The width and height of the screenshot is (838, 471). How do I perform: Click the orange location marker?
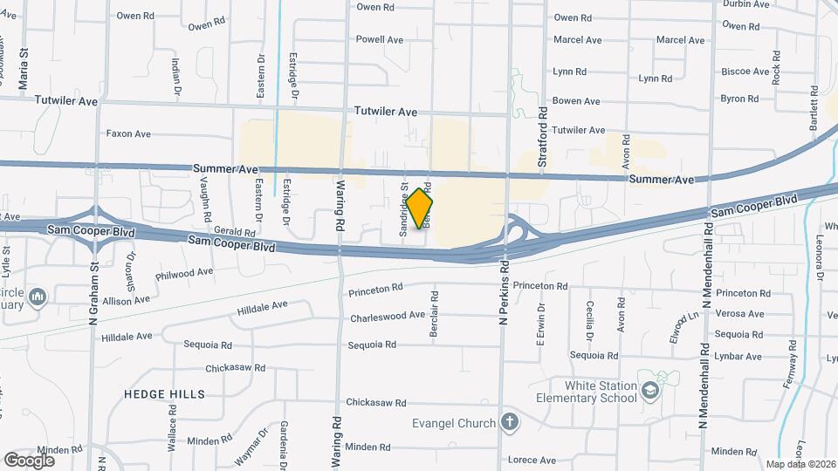click(419, 208)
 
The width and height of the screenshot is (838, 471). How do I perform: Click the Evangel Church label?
click(454, 423)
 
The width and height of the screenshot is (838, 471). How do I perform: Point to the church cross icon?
click(510, 423)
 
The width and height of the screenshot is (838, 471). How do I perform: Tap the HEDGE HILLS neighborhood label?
click(164, 394)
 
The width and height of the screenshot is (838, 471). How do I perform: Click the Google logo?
click(29, 460)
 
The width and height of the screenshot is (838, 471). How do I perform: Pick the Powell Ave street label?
click(379, 39)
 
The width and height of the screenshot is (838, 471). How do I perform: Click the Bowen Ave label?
click(577, 101)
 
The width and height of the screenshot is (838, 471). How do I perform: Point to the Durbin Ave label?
click(746, 3)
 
